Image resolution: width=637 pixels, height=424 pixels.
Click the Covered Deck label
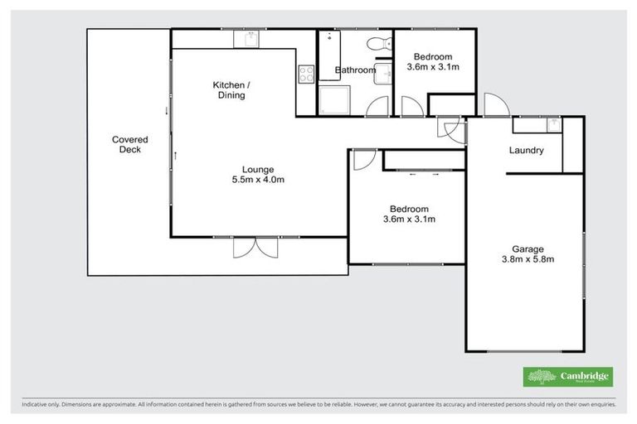click(x=129, y=145)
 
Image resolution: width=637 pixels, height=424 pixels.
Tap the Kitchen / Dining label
click(x=228, y=90)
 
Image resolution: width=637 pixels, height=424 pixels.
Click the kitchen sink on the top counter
click(x=250, y=38)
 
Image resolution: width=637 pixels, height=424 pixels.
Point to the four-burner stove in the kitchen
click(x=305, y=74)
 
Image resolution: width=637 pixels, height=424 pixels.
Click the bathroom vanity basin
click(x=383, y=72)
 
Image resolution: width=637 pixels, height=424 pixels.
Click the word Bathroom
click(x=355, y=70)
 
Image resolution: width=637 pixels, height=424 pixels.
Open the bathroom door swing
click(x=377, y=107)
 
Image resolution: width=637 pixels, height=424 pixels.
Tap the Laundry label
click(x=526, y=150)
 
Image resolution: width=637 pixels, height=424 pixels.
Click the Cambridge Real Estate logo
click(x=568, y=377)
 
